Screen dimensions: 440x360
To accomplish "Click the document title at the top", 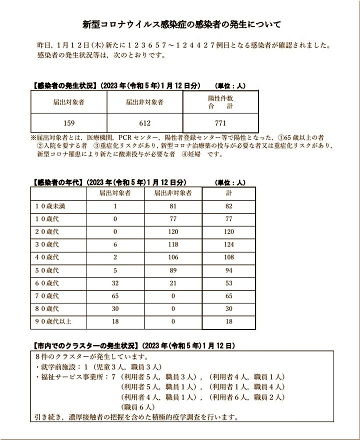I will [x=181, y=24].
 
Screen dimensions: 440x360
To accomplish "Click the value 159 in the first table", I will [x=69, y=123].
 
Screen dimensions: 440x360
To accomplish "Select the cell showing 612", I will [x=144, y=123].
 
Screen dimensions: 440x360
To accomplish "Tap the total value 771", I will [x=220, y=123].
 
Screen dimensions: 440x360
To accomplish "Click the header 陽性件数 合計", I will [x=220, y=102].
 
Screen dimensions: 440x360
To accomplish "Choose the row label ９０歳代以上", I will [x=53, y=321].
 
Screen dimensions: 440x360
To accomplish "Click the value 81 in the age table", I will [x=173, y=206].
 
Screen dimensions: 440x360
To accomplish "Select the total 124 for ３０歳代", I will [x=228, y=244].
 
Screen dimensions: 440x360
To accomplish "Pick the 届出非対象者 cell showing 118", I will [x=173, y=244].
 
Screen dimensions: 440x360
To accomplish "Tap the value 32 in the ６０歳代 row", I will [x=115, y=283].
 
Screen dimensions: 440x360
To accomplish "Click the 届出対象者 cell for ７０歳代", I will [x=115, y=296].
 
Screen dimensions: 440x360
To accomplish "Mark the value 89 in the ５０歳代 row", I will [x=173, y=270].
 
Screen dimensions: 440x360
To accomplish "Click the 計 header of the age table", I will [x=228, y=193].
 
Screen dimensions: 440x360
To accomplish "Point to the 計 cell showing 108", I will [x=228, y=257].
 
